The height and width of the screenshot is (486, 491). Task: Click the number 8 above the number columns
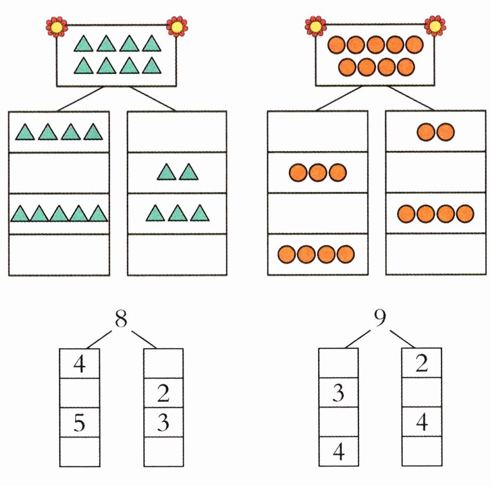pyautogui.click(x=120, y=320)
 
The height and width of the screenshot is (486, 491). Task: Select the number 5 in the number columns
pyautogui.click(x=79, y=424)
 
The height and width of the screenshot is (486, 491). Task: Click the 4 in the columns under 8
pyautogui.click(x=79, y=365)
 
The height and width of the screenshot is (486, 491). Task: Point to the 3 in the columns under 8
pyautogui.click(x=163, y=424)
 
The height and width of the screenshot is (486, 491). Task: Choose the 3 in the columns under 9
pyautogui.click(x=338, y=394)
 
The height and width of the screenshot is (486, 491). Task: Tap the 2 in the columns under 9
pyautogui.click(x=421, y=365)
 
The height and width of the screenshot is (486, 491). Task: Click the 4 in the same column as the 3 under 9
pyautogui.click(x=338, y=453)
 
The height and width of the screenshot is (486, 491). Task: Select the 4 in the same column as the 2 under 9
pyautogui.click(x=421, y=423)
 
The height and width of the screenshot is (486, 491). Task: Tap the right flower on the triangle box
pyautogui.click(x=176, y=26)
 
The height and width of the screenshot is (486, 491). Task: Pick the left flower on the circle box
pyautogui.click(x=315, y=25)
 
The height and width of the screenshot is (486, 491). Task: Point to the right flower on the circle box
pyautogui.click(x=434, y=25)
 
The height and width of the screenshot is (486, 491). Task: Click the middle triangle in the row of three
pyautogui.click(x=178, y=213)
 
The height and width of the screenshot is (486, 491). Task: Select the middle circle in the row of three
pyautogui.click(x=317, y=173)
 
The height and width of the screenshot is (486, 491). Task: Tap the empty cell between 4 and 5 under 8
pyautogui.click(x=79, y=394)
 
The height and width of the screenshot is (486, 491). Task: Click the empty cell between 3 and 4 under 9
pyautogui.click(x=338, y=423)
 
